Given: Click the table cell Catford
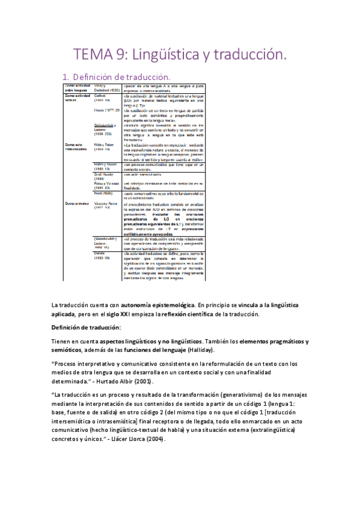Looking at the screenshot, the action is pos(101,94).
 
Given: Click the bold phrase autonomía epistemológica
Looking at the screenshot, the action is pos(158,305).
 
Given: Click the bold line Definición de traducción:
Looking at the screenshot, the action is pos(86,328).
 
